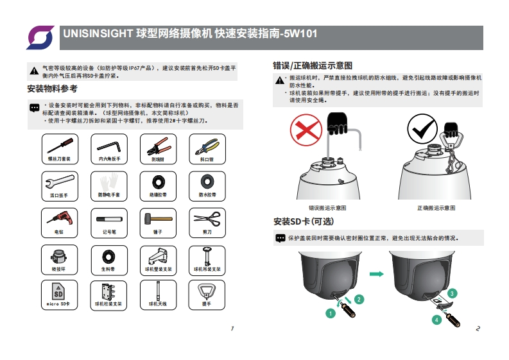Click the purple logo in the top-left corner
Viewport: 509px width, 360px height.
tap(40, 37)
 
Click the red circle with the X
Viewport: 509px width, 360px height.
tap(306, 131)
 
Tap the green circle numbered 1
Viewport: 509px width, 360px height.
tap(330, 314)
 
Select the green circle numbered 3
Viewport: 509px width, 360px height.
tap(453, 293)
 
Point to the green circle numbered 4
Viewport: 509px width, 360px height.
tap(436, 320)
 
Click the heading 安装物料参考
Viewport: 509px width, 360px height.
tap(53, 89)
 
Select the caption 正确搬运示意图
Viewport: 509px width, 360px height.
tap(436, 208)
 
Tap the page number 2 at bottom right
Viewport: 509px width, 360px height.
tap(478, 329)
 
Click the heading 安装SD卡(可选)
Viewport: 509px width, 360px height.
tap(304, 221)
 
